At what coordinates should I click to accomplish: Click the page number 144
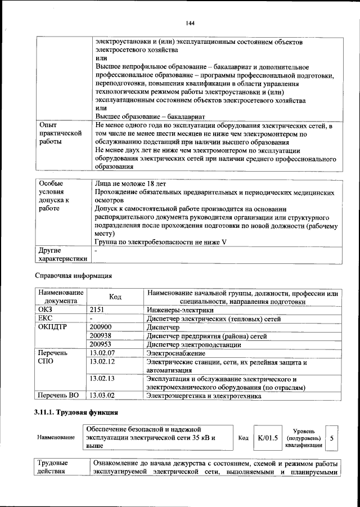(x=190, y=23)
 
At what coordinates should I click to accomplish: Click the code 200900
(x=101, y=327)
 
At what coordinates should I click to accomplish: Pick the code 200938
(x=101, y=335)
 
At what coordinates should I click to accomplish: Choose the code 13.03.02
(x=102, y=396)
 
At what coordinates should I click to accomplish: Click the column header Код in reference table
(x=115, y=297)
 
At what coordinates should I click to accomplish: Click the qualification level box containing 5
(x=332, y=437)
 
